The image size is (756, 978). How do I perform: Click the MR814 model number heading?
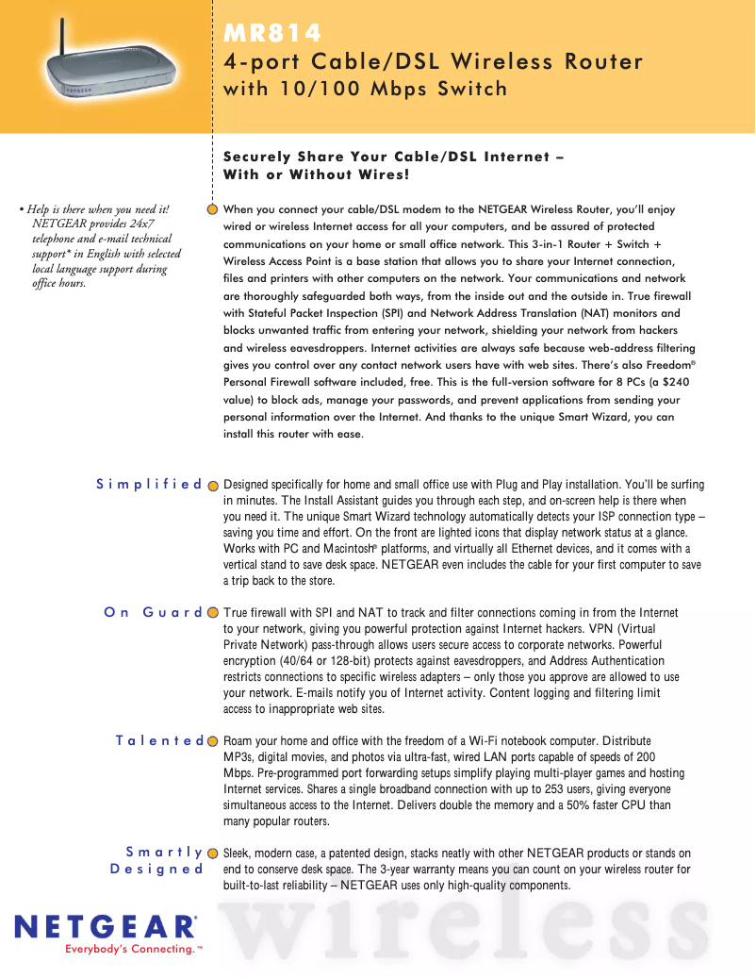[272, 34]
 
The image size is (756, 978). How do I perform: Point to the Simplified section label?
[149, 485]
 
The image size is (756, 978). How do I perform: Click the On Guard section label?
[153, 612]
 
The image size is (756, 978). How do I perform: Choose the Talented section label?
[159, 740]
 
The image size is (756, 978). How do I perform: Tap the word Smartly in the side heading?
[164, 853]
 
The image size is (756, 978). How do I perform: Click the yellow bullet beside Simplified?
[213, 485]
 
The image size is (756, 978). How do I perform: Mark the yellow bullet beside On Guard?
[213, 612]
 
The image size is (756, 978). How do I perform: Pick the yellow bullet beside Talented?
[213, 741]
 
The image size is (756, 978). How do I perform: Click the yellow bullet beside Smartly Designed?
[213, 853]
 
